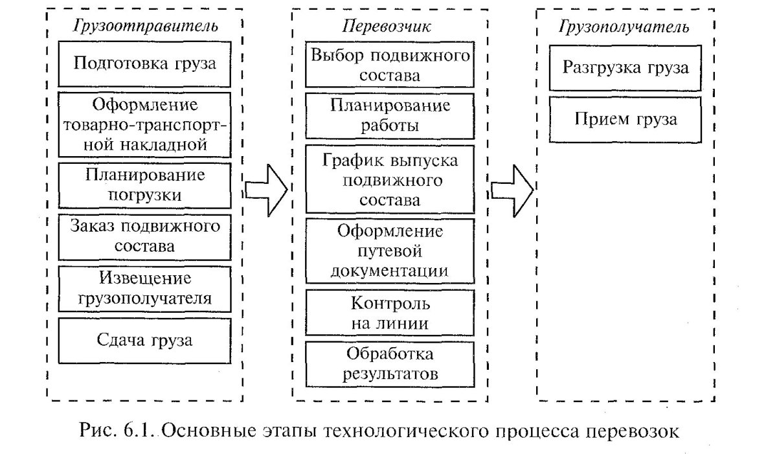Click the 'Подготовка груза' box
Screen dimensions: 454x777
coord(144,64)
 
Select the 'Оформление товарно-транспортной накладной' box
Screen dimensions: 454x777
coord(144,124)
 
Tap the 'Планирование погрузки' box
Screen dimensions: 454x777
coord(144,185)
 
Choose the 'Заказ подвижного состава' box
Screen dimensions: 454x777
coord(144,236)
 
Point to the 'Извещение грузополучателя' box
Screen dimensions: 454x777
coord(144,288)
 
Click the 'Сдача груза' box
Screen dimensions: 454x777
coord(144,340)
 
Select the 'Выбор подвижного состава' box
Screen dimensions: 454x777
coord(390,65)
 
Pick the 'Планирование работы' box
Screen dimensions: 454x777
coord(390,115)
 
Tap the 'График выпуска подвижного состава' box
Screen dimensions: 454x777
coord(390,180)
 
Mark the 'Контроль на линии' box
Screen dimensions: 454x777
coord(390,312)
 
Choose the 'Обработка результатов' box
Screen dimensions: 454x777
coord(390,363)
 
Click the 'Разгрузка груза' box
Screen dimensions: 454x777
coord(625,68)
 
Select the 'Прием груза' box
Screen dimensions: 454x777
coord(625,119)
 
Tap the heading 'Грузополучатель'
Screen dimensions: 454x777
coord(623,27)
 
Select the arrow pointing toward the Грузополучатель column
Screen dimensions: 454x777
coord(512,188)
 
